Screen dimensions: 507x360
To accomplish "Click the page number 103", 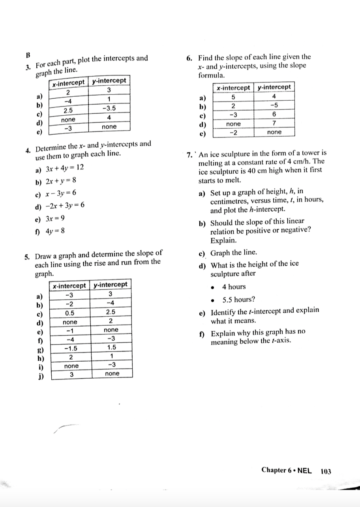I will click(x=326, y=471).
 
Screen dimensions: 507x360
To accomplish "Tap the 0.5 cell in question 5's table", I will click(x=70, y=312).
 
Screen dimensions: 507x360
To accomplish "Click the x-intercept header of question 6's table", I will click(x=234, y=87).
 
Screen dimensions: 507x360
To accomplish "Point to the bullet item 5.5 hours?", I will click(x=238, y=300).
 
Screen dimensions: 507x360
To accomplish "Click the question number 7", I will click(x=189, y=153).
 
